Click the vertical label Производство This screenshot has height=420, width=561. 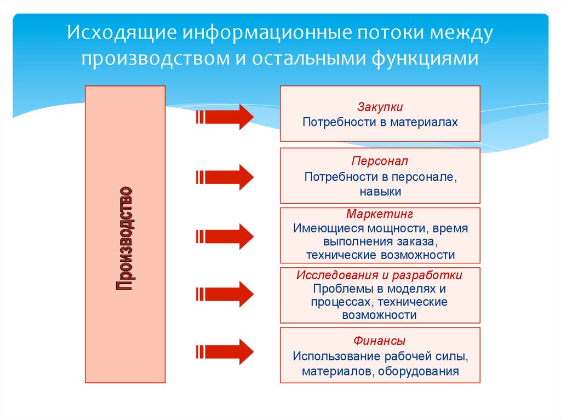click(x=125, y=239)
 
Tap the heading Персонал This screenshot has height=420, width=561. click(x=380, y=162)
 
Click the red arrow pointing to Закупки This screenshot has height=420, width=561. click(x=225, y=117)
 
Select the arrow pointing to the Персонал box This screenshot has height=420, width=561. click(x=225, y=177)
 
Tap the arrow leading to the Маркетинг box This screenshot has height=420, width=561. click(x=225, y=236)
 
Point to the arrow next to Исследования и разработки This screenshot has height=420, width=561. click(x=225, y=294)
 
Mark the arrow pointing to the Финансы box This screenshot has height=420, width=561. click(x=225, y=350)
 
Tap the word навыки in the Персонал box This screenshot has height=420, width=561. click(x=380, y=192)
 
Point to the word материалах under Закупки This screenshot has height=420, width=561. click(x=423, y=122)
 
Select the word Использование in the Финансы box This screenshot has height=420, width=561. click(x=329, y=356)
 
